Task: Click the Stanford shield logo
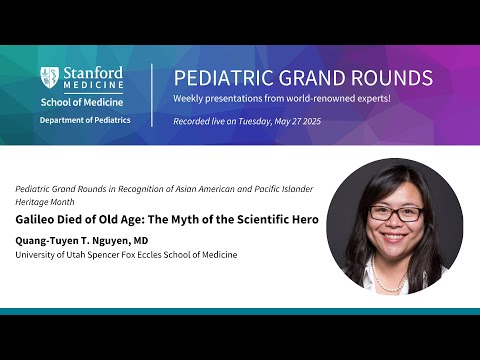point(49,77)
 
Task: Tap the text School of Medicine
point(81,101)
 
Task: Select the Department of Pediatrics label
point(81,120)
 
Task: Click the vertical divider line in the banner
point(152,94)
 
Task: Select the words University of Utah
point(50,255)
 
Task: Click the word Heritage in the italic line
point(35,202)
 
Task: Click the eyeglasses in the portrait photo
point(394,212)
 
